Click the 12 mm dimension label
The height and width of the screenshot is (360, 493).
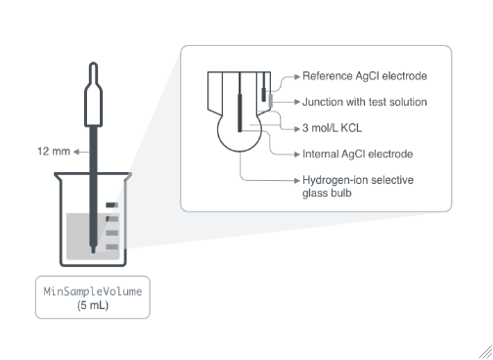coord(54,152)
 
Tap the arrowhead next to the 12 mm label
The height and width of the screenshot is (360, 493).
coord(76,152)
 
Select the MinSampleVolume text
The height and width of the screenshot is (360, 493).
coord(93,292)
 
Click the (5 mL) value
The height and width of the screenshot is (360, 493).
coord(93,305)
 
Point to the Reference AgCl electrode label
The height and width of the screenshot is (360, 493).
coord(365,76)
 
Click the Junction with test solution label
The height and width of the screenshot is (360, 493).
coord(365,102)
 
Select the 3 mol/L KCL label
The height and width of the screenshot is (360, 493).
coord(332,128)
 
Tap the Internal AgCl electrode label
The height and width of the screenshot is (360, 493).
coord(357,154)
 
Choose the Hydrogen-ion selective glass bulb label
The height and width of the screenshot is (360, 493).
coord(358,186)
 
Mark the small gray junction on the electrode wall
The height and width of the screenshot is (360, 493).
coord(271,101)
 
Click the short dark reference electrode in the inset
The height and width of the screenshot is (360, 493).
coord(264,95)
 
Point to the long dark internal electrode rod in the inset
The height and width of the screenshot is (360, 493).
coord(240,112)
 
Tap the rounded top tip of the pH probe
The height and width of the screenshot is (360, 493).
coord(94,64)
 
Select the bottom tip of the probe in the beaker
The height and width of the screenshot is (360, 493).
coord(93,251)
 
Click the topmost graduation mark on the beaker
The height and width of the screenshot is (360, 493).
coord(112,205)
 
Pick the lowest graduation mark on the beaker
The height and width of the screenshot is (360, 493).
coord(112,247)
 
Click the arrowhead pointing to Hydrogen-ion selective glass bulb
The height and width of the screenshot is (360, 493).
coord(297,180)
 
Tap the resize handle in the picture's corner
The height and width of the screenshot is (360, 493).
coord(486,353)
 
